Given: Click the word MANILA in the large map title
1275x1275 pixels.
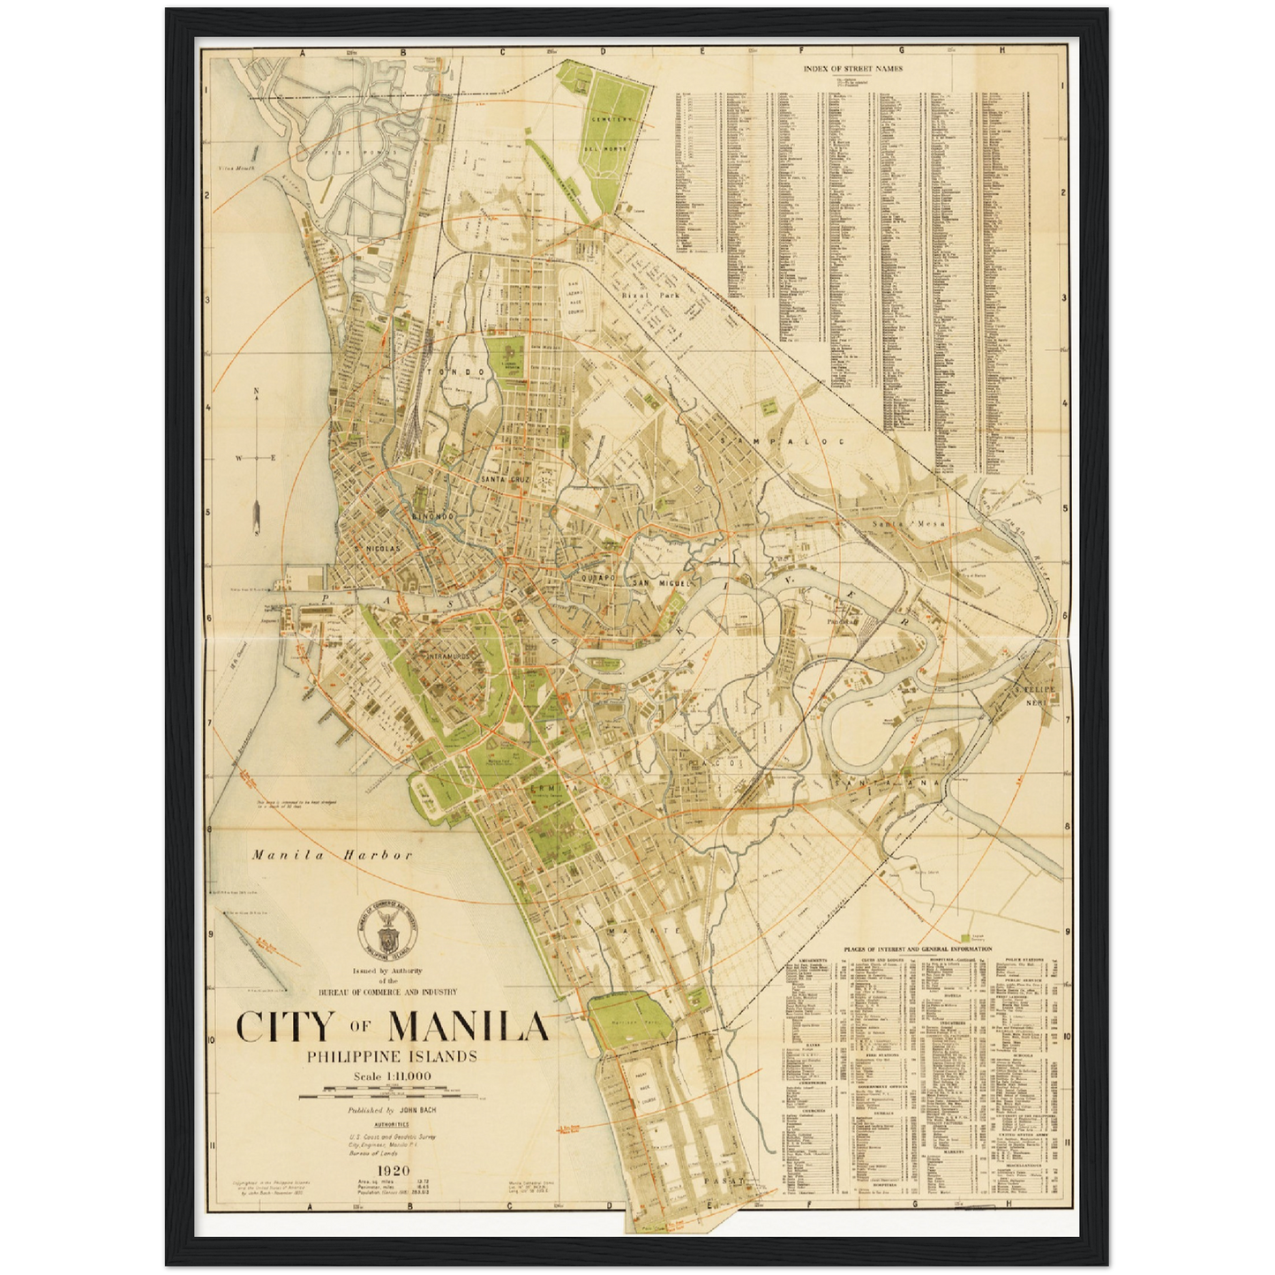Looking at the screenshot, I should tap(468, 1026).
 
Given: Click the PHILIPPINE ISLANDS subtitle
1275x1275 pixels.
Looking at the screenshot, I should tap(391, 1056).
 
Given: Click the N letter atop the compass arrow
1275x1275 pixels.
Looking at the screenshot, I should tap(256, 392).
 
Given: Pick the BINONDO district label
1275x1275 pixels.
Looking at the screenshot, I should tap(431, 515).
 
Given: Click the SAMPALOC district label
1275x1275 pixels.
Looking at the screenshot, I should tap(782, 439).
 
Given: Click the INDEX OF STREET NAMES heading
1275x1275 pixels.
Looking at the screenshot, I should tap(852, 68).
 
